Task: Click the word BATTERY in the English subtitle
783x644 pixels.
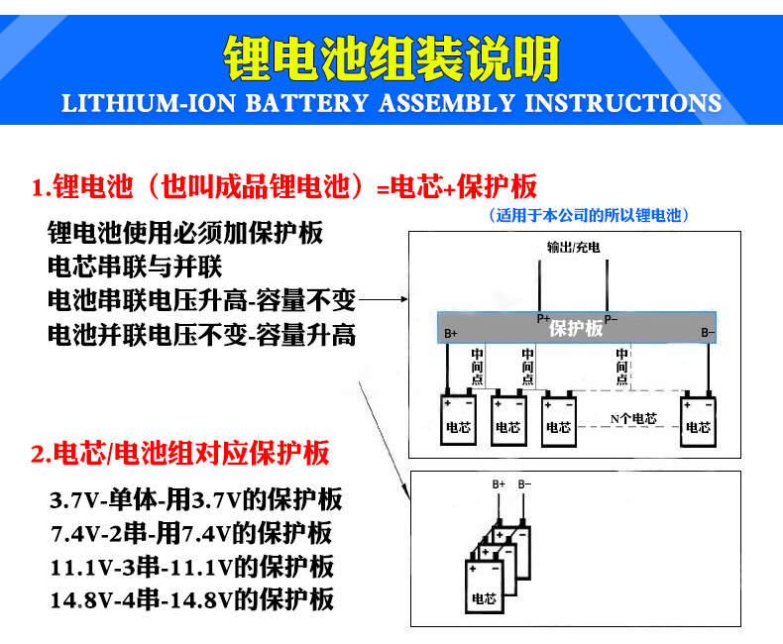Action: [x=304, y=103]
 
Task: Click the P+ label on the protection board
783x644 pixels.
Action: [x=542, y=319]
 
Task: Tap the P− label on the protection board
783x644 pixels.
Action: [x=611, y=319]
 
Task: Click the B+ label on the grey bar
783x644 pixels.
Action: [x=451, y=334]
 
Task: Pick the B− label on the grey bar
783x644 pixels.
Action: [x=708, y=334]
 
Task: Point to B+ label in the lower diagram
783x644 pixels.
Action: [x=499, y=484]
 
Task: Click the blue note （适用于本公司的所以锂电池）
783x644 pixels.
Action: [x=589, y=215]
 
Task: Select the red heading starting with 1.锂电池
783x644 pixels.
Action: [x=283, y=186]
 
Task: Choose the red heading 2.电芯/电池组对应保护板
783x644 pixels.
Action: [x=179, y=455]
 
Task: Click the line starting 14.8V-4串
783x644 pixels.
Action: [x=191, y=599]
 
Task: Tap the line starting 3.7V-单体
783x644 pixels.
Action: [x=195, y=499]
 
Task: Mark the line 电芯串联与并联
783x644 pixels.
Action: [x=135, y=268]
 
